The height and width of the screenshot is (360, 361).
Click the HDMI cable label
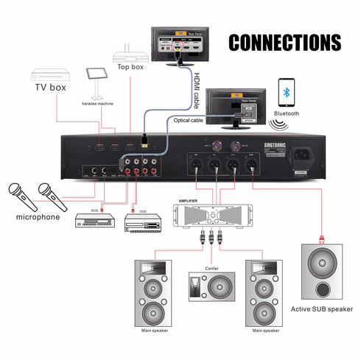[197, 86]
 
